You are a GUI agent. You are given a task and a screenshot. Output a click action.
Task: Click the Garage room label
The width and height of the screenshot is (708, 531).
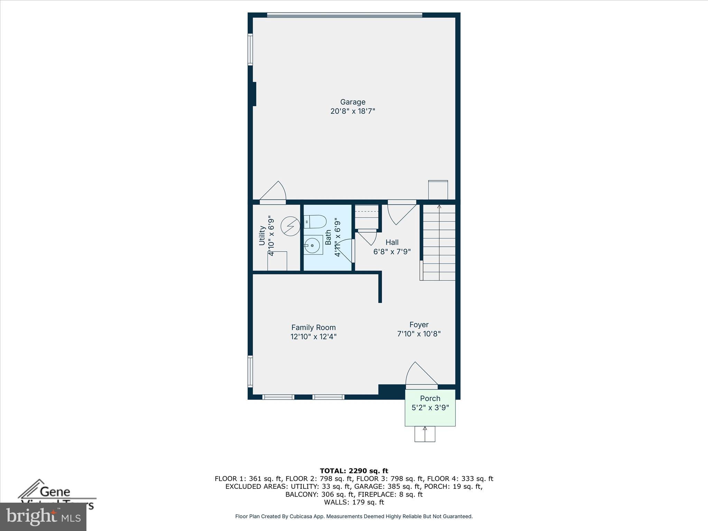pyautogui.click(x=353, y=102)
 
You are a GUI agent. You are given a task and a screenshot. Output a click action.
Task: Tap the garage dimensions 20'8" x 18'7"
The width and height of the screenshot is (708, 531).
pyautogui.click(x=353, y=111)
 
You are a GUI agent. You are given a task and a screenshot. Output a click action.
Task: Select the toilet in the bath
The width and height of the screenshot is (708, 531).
pyautogui.click(x=315, y=222)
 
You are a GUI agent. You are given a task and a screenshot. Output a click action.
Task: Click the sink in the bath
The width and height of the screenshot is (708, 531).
pyautogui.click(x=313, y=245)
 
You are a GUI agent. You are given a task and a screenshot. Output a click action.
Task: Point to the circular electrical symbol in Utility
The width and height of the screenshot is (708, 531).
pyautogui.click(x=290, y=226)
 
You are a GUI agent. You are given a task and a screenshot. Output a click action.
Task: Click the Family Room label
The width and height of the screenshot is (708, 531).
pyautogui.click(x=313, y=327)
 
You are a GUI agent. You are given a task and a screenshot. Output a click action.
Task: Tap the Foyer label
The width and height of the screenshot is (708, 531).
pyautogui.click(x=419, y=325)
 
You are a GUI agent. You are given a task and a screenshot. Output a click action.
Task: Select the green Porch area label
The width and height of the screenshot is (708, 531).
pyautogui.click(x=430, y=399)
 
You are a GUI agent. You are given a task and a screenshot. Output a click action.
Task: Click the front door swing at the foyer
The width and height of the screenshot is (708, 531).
pyautogui.click(x=420, y=375)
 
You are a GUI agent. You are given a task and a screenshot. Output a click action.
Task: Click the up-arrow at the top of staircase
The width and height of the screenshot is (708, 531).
pyautogui.click(x=439, y=207)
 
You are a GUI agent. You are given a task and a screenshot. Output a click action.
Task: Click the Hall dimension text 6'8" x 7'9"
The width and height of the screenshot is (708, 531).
pyautogui.click(x=392, y=252)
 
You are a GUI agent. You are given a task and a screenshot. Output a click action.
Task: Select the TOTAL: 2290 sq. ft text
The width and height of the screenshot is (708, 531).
pyautogui.click(x=354, y=471)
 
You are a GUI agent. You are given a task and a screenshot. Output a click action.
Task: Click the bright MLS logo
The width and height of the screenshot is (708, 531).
pyautogui.click(x=43, y=516)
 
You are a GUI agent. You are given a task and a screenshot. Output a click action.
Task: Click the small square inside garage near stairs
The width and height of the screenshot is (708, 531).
pyautogui.click(x=438, y=190)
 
